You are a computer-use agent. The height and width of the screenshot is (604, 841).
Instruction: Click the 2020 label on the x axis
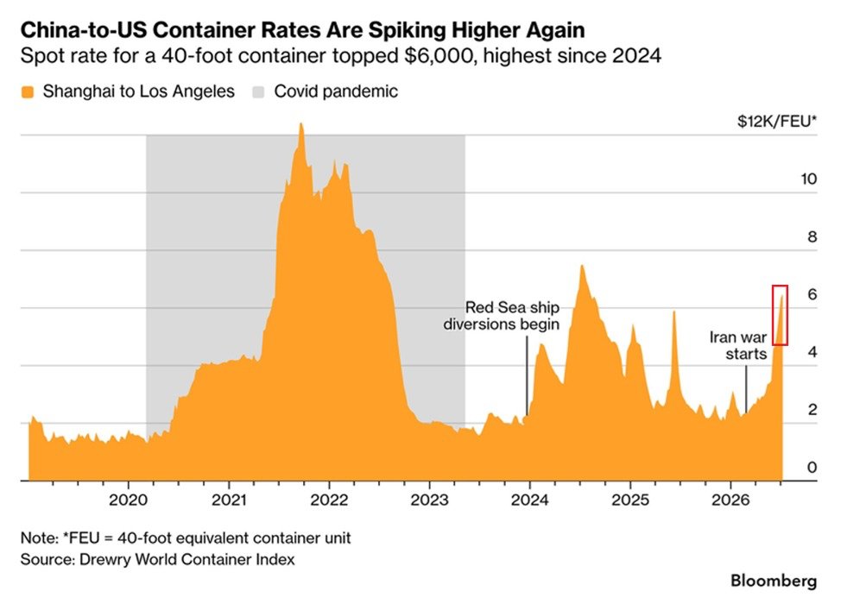128,500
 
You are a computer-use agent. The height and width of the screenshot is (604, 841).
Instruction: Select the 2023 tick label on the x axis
429,500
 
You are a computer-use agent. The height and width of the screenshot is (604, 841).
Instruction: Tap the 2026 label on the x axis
730,500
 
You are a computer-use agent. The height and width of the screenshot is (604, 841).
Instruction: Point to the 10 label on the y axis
809,179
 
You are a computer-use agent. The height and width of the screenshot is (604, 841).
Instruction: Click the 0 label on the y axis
812,468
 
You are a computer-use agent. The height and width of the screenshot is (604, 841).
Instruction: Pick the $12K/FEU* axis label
777,122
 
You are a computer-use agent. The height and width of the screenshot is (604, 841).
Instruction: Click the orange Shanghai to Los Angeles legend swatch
28,92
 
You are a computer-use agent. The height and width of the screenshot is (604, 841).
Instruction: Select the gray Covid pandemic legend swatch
258,92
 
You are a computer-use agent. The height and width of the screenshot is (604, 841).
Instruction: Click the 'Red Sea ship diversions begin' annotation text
502,316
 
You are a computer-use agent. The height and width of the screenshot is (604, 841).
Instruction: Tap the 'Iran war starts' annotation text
738,345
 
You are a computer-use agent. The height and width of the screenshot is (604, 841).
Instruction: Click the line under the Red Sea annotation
527,375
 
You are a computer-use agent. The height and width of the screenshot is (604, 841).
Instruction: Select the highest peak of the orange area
300,123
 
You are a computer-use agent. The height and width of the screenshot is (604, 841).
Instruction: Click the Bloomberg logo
774,581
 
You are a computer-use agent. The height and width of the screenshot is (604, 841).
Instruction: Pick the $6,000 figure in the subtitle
440,56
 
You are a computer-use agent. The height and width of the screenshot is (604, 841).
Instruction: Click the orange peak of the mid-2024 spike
581,266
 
